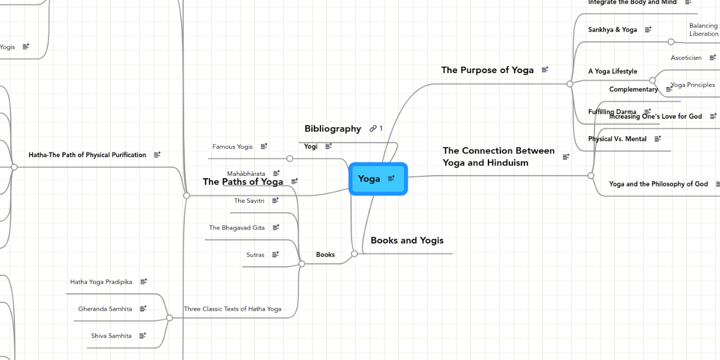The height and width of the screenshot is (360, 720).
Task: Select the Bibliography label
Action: pos(332,128)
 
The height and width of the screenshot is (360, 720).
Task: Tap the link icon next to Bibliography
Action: pos(373,128)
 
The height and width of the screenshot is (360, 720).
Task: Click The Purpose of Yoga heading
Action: pos(487,70)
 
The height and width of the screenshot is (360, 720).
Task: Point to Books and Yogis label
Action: pos(407,241)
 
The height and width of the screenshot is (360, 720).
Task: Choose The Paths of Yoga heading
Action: pos(242,182)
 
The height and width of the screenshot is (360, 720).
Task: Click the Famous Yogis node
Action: pos(232,146)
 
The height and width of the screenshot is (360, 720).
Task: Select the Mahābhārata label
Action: pos(246,173)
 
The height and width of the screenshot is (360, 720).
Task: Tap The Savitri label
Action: pos(249,200)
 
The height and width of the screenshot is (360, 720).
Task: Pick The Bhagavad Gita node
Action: pos(236,228)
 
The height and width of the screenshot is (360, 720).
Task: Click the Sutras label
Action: pos(255,255)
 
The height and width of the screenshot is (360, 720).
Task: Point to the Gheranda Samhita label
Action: pos(105,309)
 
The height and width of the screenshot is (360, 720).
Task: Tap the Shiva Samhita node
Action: pos(111,336)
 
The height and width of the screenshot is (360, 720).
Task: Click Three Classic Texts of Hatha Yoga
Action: pos(232,309)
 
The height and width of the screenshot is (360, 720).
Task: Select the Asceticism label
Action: pos(686,58)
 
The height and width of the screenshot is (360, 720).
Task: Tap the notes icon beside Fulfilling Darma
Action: pos(647,111)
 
